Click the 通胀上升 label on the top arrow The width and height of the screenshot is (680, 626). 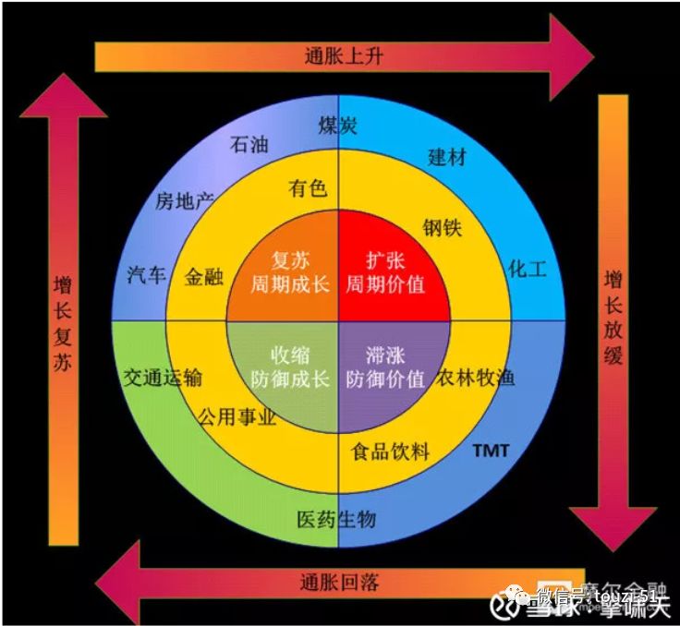[343, 56]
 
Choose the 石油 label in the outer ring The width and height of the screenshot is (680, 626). [249, 146]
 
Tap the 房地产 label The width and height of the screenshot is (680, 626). [184, 199]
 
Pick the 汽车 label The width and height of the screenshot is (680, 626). [146, 274]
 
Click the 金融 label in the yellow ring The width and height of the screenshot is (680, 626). [204, 276]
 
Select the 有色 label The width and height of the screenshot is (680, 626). [308, 189]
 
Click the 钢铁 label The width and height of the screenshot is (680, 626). [443, 226]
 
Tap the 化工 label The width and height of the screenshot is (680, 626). [528, 270]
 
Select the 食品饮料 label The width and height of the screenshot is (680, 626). [391, 451]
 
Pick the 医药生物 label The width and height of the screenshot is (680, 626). [336, 519]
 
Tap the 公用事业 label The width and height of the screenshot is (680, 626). [237, 417]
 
